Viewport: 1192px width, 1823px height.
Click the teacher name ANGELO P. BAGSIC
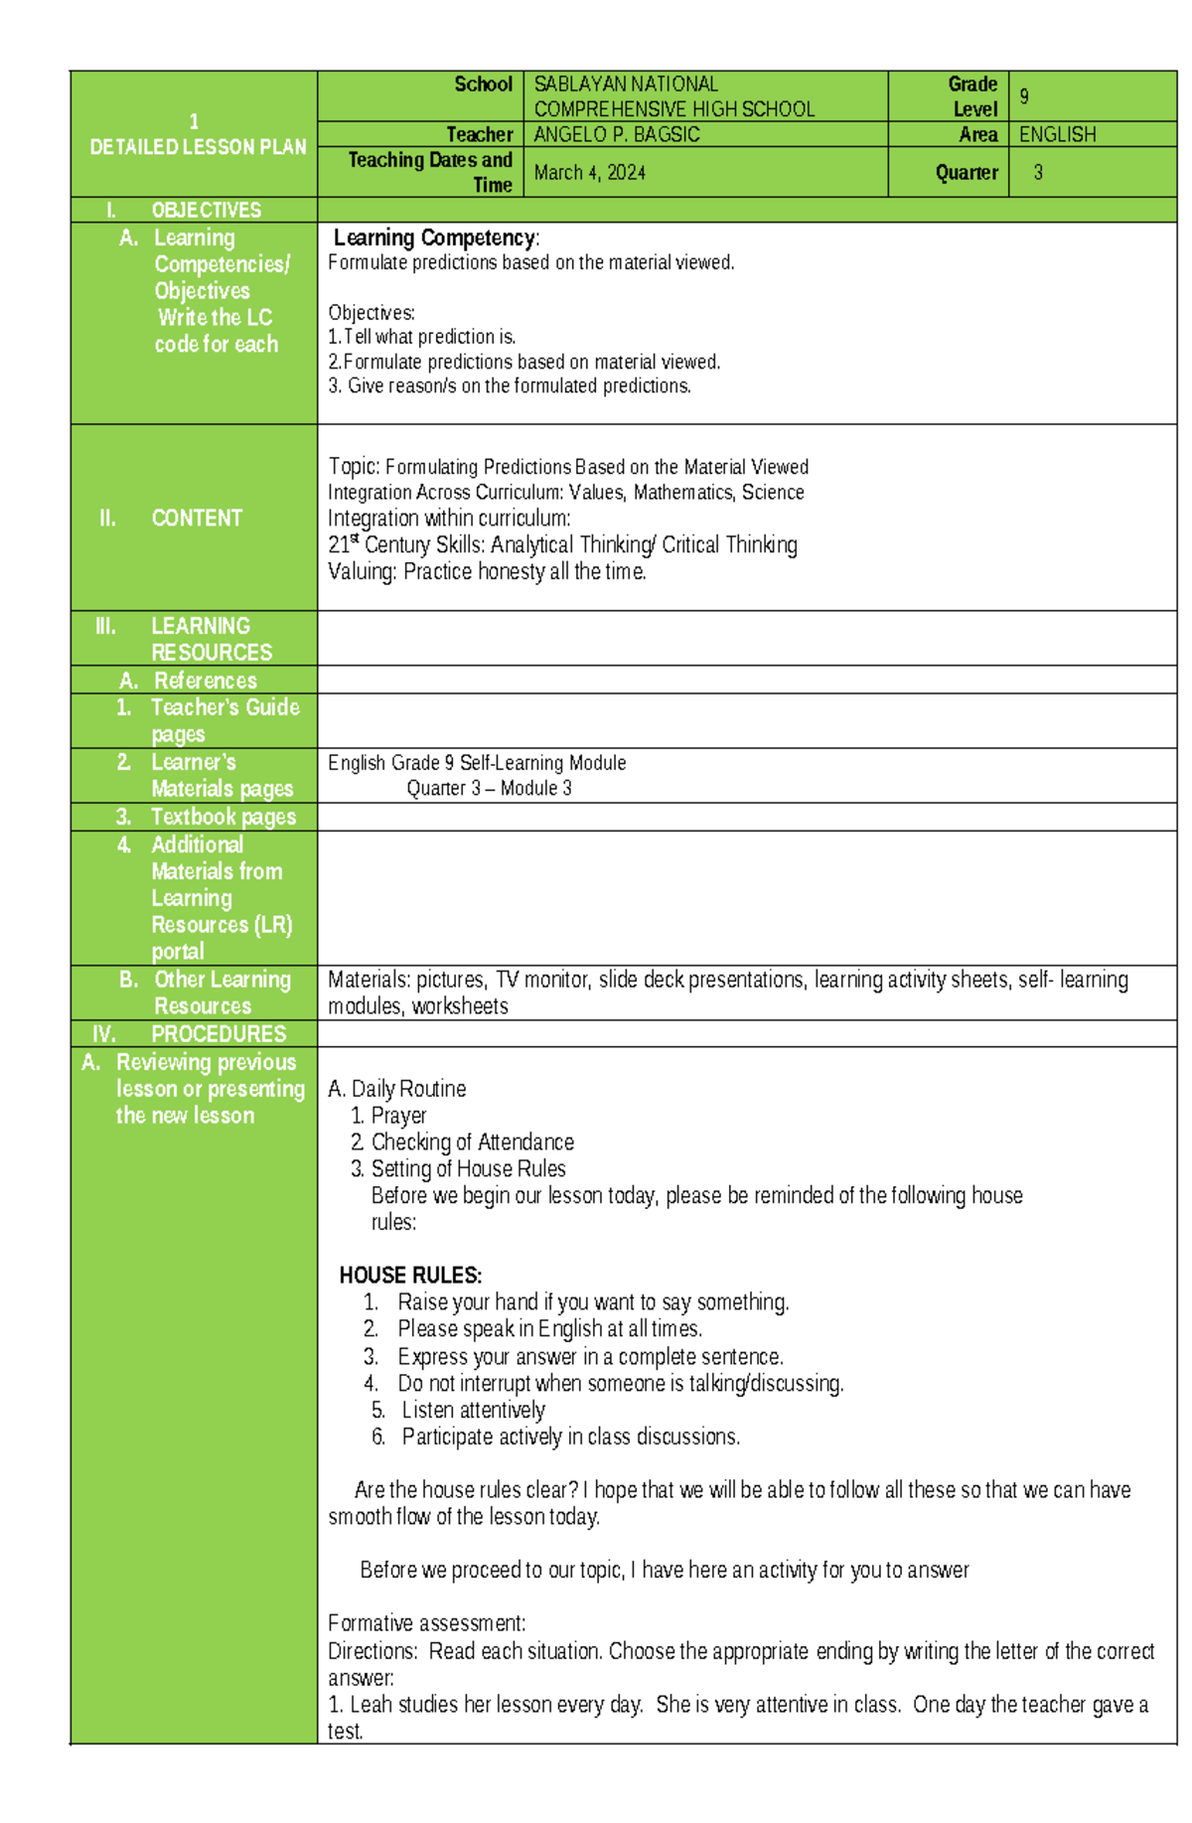pos(617,134)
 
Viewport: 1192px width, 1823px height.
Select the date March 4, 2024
pos(589,173)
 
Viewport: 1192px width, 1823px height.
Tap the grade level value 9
pos(1024,96)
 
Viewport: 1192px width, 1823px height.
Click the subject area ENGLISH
pos(1057,134)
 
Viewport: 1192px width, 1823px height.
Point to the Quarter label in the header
pos(966,173)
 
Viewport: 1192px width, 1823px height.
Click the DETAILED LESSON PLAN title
pos(198,147)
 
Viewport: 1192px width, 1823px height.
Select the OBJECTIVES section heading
pos(206,210)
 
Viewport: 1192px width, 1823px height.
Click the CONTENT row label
pos(196,518)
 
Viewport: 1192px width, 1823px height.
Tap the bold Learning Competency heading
pos(435,237)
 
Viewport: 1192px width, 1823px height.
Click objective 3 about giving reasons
pos(510,385)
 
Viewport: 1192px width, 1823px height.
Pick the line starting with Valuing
pos(487,571)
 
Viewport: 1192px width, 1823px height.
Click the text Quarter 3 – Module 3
pos(489,788)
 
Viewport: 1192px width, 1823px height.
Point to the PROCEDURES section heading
pos(218,1033)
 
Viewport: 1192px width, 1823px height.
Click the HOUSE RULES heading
pos(410,1275)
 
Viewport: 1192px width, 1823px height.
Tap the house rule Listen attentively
pos(473,1410)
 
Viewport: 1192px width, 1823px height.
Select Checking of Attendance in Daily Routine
pos(472,1141)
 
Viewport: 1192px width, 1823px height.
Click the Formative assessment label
pos(426,1622)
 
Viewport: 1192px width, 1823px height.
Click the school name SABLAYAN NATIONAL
pos(626,84)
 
